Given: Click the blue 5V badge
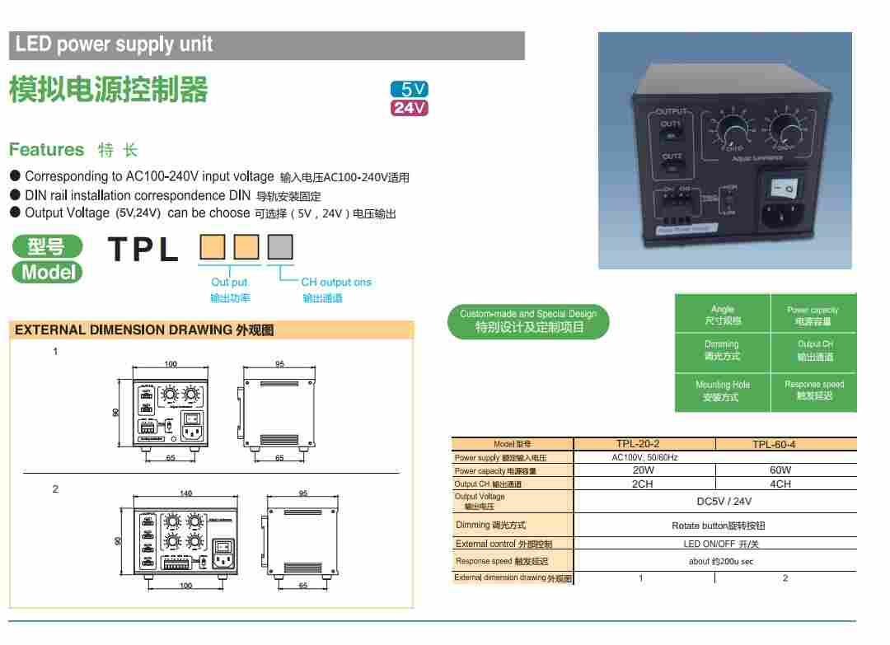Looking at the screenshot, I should tap(410, 90).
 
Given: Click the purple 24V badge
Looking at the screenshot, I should tap(410, 108).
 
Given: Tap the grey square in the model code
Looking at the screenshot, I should tap(281, 247).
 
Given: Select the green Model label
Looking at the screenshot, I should tap(48, 273).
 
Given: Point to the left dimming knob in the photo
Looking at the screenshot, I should tap(732, 129).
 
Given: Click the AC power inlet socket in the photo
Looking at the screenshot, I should tap(784, 216).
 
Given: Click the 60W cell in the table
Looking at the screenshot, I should tap(780, 470).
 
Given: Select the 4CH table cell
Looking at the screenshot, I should tap(780, 484).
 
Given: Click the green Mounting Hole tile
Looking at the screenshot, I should tap(722, 390).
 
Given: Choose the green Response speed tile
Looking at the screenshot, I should tap(814, 390).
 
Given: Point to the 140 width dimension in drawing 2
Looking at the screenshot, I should tap(185, 493).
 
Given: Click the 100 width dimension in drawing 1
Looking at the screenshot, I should tap(171, 363).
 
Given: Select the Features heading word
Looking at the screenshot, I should tap(46, 150).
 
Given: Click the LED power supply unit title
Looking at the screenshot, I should tap(114, 44).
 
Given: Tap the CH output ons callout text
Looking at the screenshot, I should tap(335, 282).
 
